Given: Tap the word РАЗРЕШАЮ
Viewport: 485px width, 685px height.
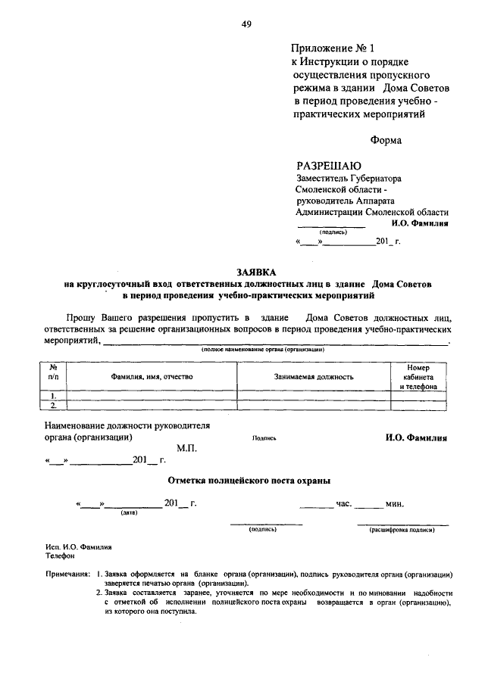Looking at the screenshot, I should (x=329, y=166).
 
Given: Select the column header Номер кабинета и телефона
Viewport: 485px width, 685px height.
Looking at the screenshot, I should (x=418, y=376).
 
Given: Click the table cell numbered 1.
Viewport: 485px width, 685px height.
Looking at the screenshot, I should (x=53, y=395).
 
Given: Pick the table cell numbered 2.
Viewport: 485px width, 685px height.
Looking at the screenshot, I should (x=53, y=405).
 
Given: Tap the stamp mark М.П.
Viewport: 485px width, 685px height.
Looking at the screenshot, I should (x=186, y=449).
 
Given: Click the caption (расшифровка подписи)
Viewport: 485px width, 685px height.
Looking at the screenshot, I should (x=402, y=531).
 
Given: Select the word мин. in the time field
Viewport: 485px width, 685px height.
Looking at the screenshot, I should (x=395, y=503).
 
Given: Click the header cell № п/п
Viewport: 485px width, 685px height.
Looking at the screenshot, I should (x=53, y=371).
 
